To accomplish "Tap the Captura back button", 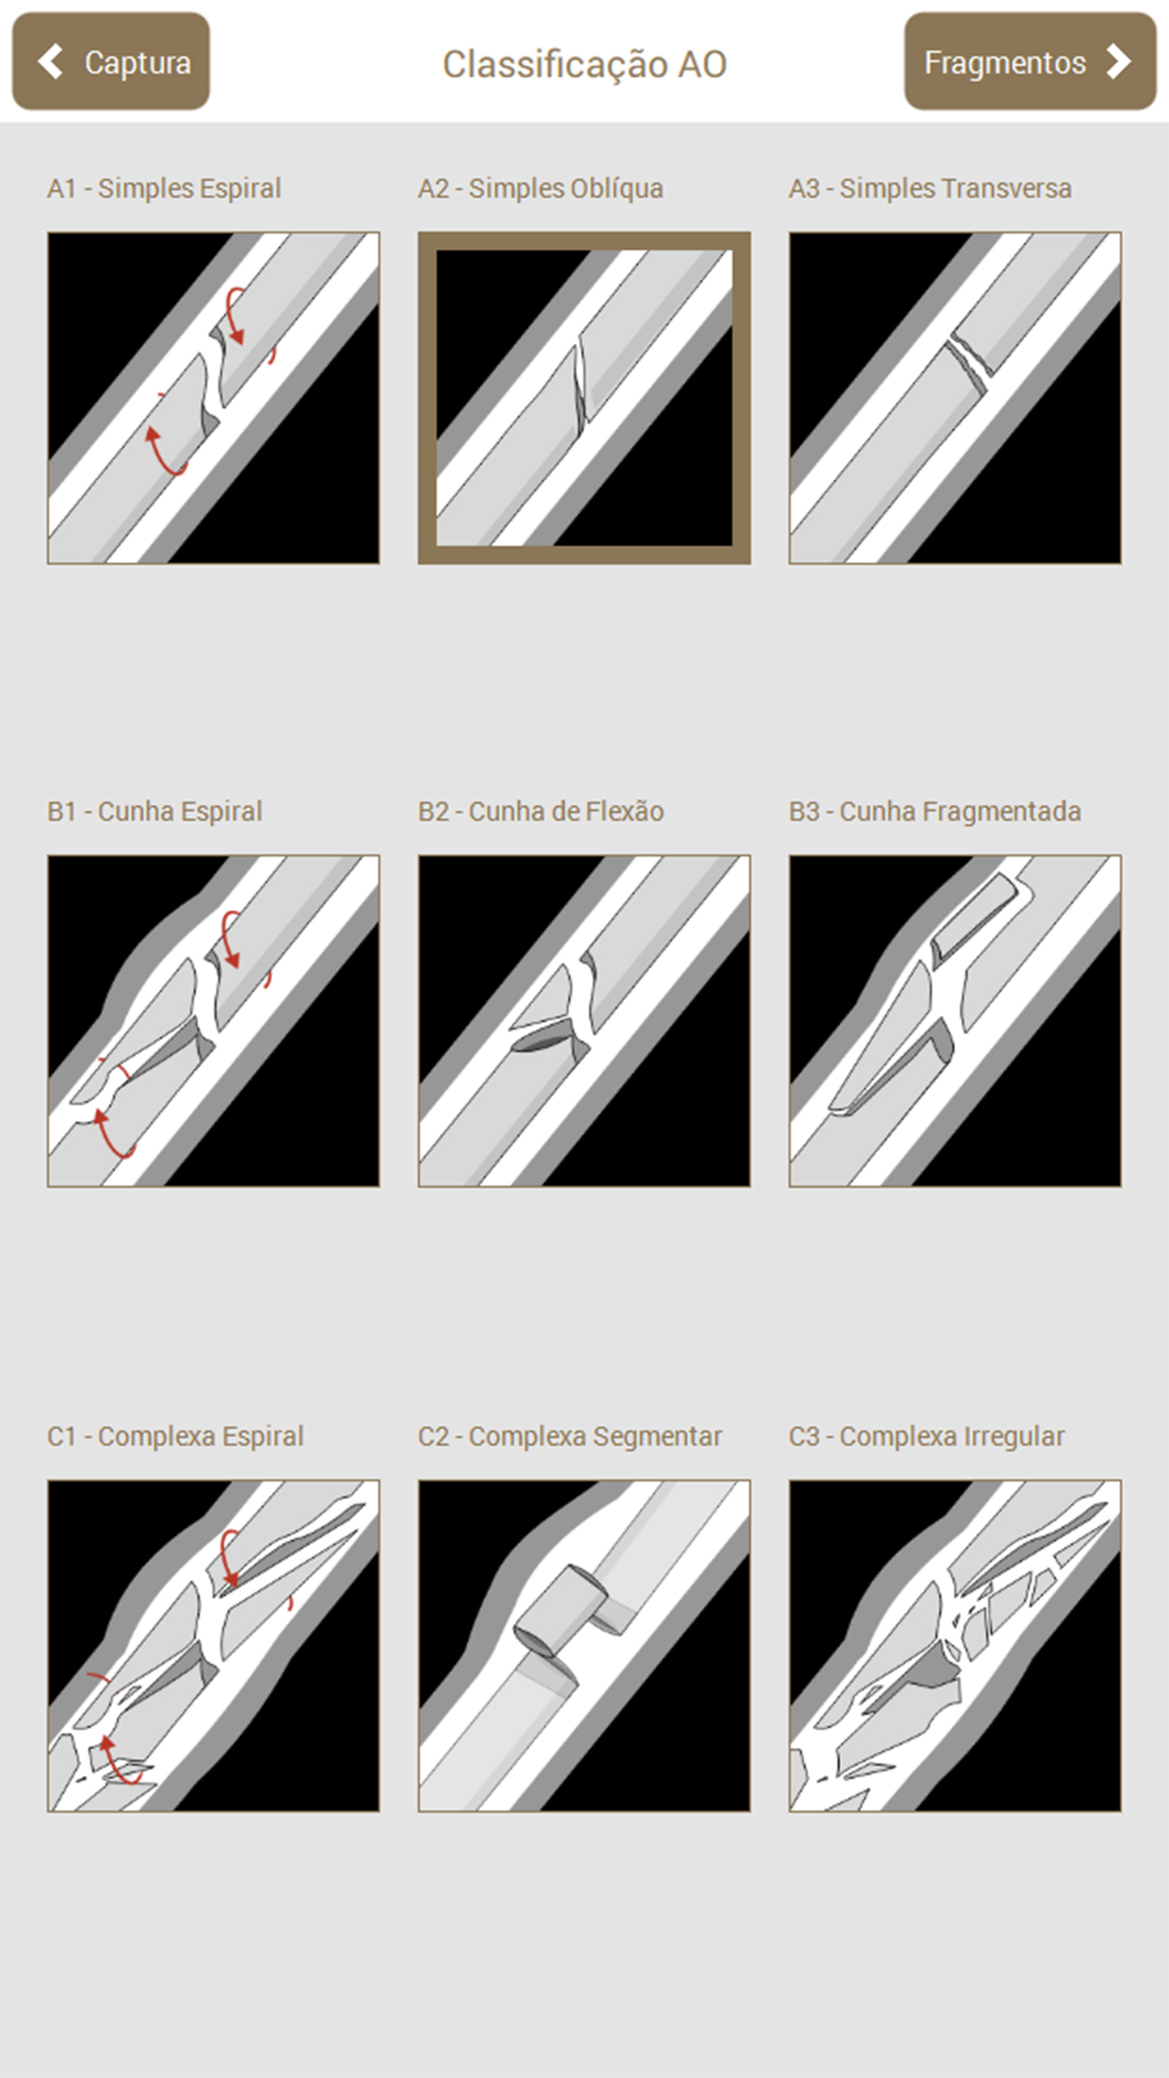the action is [111, 61].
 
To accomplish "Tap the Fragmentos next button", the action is [1030, 61].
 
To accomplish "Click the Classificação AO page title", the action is [584, 64].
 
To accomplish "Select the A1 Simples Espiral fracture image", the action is [214, 398].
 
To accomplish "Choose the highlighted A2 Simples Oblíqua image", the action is [584, 398].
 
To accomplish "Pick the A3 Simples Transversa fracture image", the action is [955, 398].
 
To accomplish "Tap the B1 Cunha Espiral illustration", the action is [214, 1021].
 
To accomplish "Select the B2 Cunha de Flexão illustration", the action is [584, 1021].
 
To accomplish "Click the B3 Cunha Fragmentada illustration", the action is [955, 1021].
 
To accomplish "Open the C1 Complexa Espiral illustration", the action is [214, 1646].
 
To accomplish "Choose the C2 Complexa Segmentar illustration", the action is [584, 1646].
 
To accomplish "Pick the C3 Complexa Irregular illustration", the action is [955, 1646].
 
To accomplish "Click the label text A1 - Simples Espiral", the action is [164, 188].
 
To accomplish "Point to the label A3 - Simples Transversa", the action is [930, 188].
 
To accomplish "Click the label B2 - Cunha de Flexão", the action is [541, 811].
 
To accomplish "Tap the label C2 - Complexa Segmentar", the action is [569, 1436].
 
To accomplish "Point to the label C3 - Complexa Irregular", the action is [927, 1436].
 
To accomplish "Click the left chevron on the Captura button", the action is [50, 61].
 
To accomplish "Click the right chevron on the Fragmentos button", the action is [1118, 61].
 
